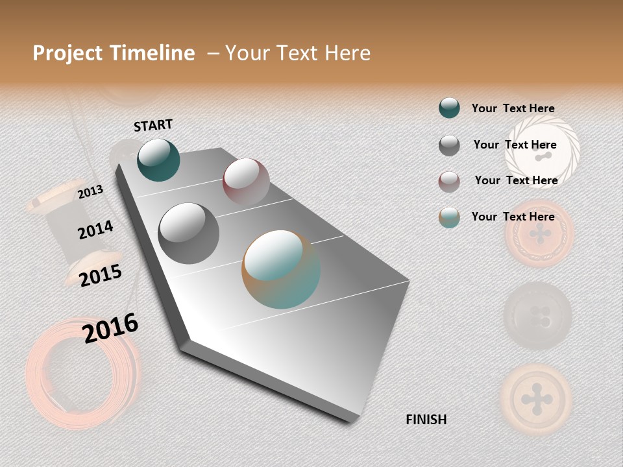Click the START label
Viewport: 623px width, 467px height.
click(153, 125)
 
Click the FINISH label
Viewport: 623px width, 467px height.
click(426, 420)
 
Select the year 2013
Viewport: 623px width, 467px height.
click(90, 192)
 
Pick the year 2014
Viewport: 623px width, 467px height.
click(95, 230)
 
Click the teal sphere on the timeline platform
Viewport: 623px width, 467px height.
click(158, 160)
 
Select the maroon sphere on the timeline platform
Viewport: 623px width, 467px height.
click(246, 181)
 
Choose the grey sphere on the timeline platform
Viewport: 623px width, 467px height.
click(188, 233)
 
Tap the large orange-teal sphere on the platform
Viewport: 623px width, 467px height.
click(281, 269)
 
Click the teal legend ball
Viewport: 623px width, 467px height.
click(449, 108)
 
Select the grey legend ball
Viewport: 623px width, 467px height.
click(449, 145)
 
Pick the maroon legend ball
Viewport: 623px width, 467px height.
click(449, 182)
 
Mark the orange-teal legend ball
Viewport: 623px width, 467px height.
click(449, 217)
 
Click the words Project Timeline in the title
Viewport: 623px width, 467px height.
click(114, 53)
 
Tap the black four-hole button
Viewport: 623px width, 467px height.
click(538, 316)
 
